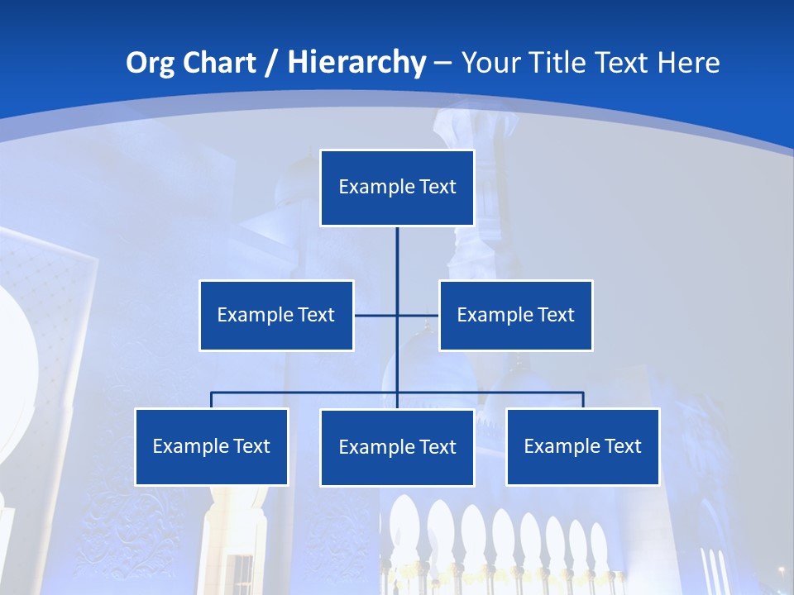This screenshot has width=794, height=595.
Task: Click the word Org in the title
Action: [x=149, y=63]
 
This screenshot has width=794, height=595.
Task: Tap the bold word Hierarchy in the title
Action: [x=356, y=63]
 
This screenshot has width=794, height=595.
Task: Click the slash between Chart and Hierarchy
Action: [x=270, y=63]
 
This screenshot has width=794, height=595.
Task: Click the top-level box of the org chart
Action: [x=397, y=188]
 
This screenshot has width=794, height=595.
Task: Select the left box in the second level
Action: [x=276, y=316]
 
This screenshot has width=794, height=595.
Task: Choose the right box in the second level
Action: [x=516, y=316]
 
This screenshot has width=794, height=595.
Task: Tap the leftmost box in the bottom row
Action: [x=212, y=447]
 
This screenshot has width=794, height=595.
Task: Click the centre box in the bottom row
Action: [x=397, y=448]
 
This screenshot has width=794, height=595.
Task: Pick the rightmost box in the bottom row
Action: [x=583, y=447]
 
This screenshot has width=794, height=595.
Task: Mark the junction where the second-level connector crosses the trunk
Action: [x=397, y=315]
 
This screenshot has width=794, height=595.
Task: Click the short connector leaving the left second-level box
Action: [x=375, y=315]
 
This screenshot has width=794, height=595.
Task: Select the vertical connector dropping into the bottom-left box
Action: [x=212, y=400]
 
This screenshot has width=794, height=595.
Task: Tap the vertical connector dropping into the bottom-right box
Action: [x=583, y=400]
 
